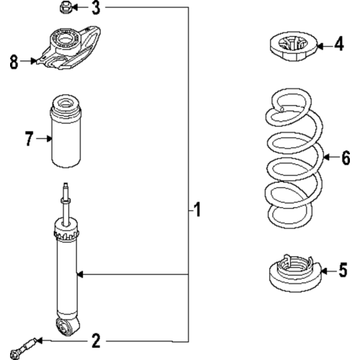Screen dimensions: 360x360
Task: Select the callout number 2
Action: pos(95,339)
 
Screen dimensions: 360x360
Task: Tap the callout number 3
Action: pos(96,9)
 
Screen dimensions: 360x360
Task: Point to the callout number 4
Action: pos(339,45)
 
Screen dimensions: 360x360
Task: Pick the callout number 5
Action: pos(343,271)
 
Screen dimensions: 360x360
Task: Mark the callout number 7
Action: pos(30,139)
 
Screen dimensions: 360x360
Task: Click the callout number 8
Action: pos(14,63)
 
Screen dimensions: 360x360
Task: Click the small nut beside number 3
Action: pos(64,8)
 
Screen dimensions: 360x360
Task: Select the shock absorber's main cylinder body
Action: pos(67,274)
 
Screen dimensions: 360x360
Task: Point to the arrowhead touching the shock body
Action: pos(81,274)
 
